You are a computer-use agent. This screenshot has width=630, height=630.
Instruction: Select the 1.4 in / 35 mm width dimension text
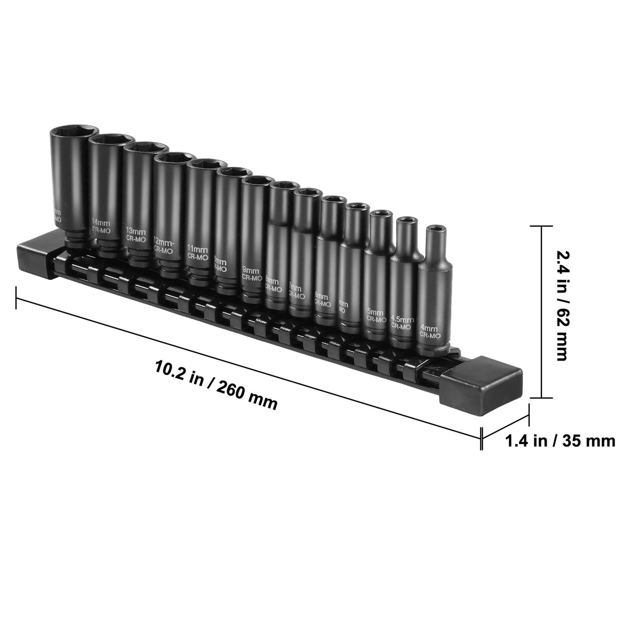[x=560, y=441]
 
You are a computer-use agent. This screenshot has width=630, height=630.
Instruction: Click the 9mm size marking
[x=250, y=270]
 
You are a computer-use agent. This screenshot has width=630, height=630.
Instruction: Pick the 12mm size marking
[x=163, y=241]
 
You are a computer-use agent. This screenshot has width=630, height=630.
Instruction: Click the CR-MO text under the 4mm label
[x=429, y=335]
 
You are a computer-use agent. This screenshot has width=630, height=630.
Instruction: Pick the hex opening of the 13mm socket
[x=146, y=146]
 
